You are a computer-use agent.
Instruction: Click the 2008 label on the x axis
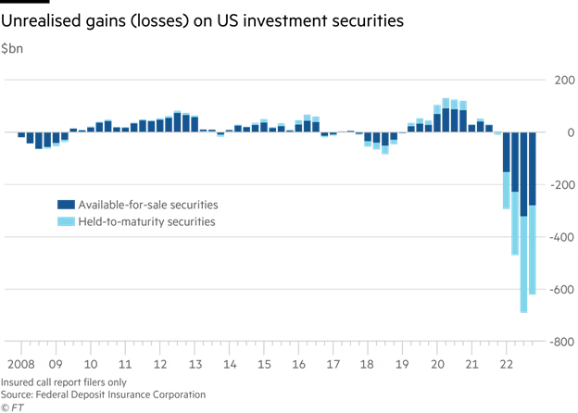pyautogui.click(x=21, y=365)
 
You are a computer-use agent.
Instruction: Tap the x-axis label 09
pyautogui.click(x=56, y=365)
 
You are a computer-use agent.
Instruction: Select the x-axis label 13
pyautogui.click(x=195, y=365)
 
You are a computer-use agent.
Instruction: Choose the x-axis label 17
pyautogui.click(x=333, y=365)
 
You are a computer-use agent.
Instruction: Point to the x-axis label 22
pyautogui.click(x=506, y=365)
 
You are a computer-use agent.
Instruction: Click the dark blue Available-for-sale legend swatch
pyautogui.click(x=66, y=205)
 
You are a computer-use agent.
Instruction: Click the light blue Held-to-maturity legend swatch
pyautogui.click(x=66, y=222)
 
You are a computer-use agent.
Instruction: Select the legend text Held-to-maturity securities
pyautogui.click(x=146, y=222)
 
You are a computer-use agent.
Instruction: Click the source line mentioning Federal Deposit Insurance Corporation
pyautogui.click(x=103, y=394)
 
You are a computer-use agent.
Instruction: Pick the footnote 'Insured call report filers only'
pyautogui.click(x=64, y=382)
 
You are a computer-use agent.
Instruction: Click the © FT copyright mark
pyautogui.click(x=12, y=407)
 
